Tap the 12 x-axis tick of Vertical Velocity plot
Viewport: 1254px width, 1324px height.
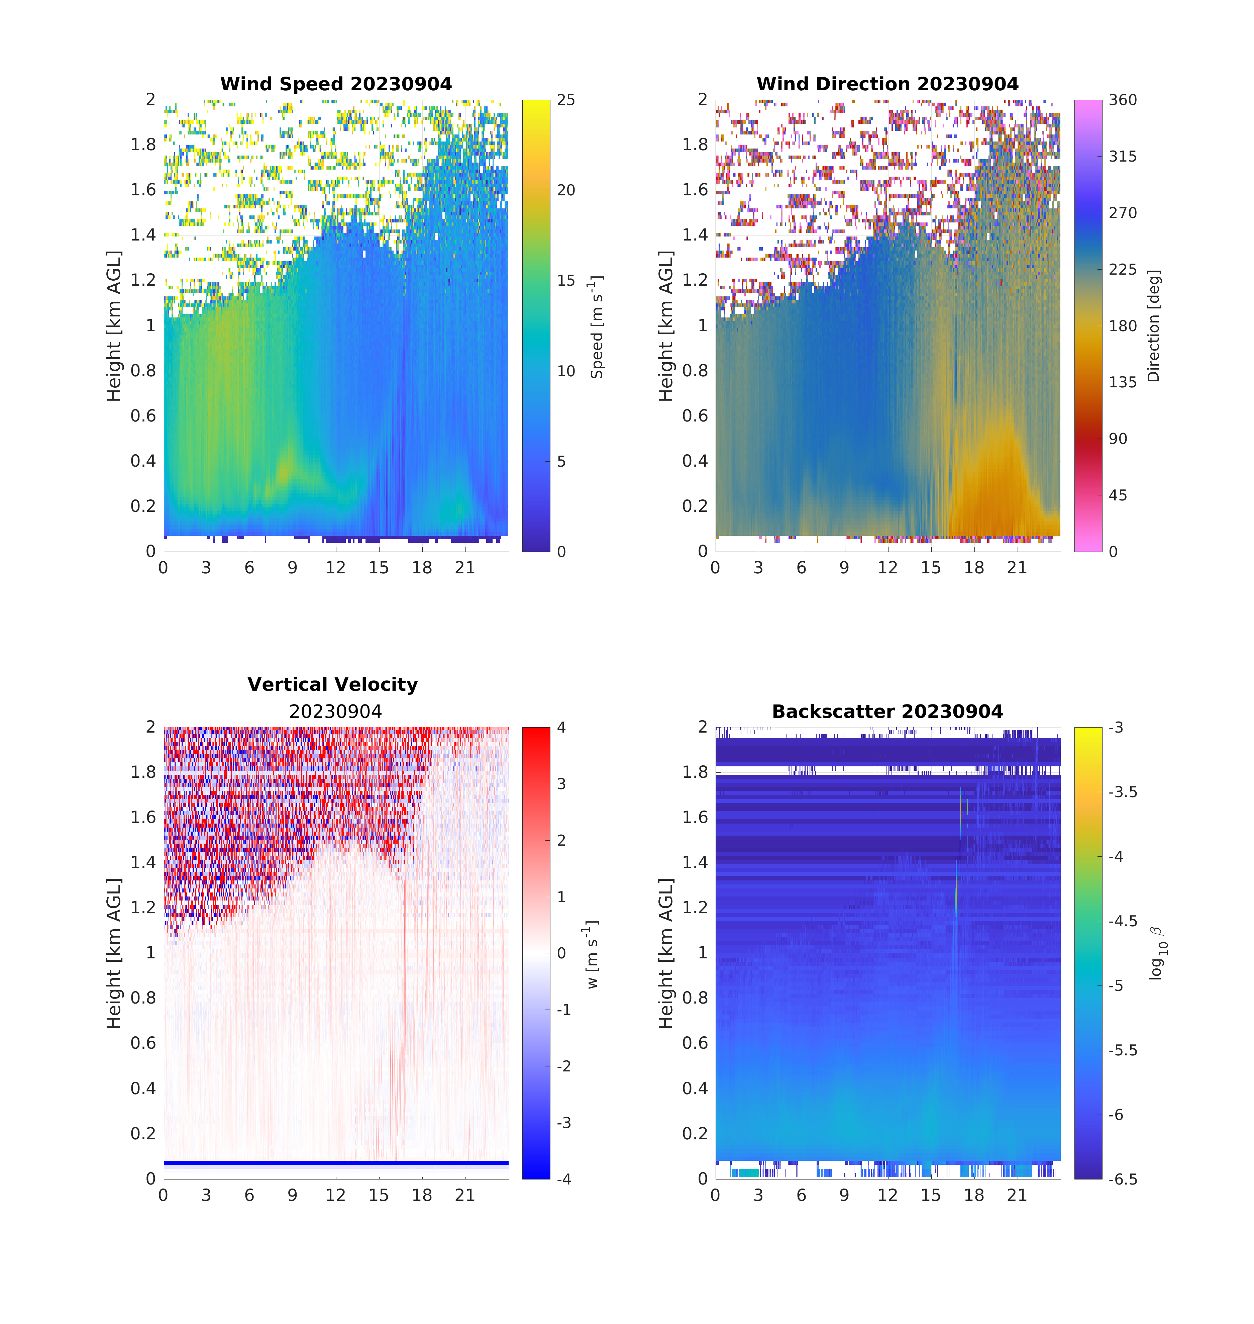(x=335, y=1196)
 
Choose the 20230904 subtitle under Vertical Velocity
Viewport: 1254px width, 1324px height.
(x=335, y=712)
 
